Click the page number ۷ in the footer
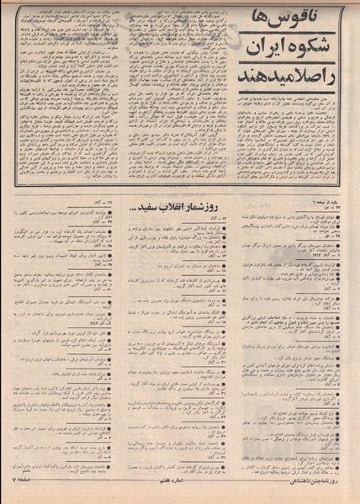[13, 496]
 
